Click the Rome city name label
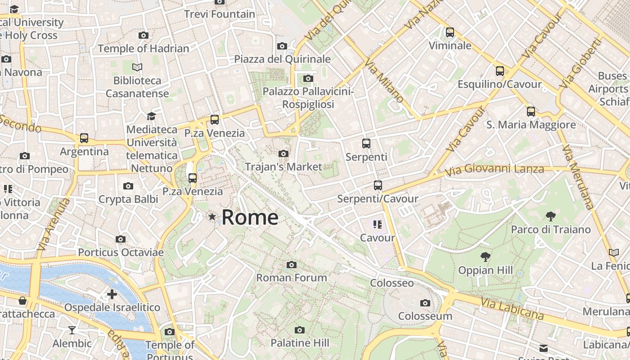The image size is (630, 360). tap(250, 217)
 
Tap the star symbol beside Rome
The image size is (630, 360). tap(212, 217)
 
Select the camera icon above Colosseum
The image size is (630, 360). tap(425, 303)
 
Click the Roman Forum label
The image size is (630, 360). tap(292, 278)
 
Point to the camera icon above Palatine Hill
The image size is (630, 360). tap(300, 330)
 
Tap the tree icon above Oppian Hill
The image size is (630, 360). tap(485, 257)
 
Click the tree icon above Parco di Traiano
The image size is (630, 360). tap(550, 216)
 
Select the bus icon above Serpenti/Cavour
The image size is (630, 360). tap(378, 185)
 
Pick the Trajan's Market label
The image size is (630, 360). tap(283, 167)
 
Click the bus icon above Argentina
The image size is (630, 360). tap(84, 138)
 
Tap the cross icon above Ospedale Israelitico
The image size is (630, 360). tap(112, 294)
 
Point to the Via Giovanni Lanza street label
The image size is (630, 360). tap(494, 170)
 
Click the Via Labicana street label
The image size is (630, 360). tap(512, 309)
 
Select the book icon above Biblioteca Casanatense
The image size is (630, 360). tap(137, 67)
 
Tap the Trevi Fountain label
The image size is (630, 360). tap(220, 14)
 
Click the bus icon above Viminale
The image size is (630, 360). tap(450, 32)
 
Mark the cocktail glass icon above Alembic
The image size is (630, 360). tap(72, 330)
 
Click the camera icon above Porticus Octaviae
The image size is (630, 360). tap(121, 239)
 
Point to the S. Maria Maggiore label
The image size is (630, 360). tap(531, 125)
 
